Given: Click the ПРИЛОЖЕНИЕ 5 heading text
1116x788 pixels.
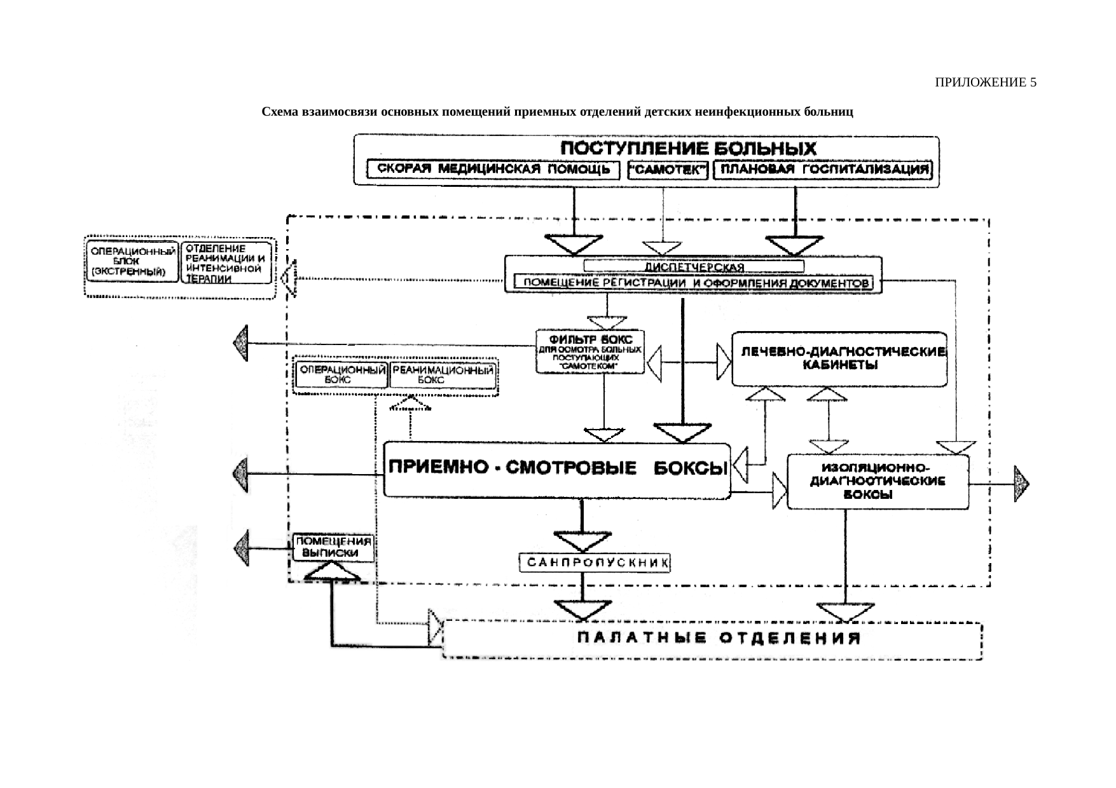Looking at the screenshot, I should (x=985, y=83).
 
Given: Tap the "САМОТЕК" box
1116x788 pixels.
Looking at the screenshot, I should (x=667, y=170).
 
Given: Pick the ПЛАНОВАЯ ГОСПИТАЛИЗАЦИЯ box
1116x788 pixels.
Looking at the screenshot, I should (x=823, y=170).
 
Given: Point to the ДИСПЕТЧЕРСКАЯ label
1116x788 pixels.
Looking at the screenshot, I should (x=694, y=266).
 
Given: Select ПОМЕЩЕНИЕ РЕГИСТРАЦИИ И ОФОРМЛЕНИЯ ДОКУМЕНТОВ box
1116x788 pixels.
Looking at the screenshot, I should (x=693, y=283).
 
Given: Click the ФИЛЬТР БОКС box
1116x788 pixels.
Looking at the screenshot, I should (x=590, y=351).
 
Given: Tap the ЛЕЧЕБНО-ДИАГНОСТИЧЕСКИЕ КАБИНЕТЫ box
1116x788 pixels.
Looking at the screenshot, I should (x=839, y=358).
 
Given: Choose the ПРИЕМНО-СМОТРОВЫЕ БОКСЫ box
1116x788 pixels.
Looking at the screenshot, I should (x=557, y=470).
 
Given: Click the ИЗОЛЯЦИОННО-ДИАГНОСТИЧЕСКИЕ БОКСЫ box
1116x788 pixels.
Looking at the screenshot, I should (x=878, y=481).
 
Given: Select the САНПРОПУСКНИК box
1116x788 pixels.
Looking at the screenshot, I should (x=595, y=562).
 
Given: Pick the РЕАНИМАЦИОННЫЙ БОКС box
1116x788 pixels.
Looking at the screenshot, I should (x=443, y=374).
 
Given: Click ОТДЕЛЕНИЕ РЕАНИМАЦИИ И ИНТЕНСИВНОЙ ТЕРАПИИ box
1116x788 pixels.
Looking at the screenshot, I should (x=226, y=262).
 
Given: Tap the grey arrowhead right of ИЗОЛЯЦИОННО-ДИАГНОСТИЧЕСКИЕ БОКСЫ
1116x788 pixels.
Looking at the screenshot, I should (x=1021, y=484).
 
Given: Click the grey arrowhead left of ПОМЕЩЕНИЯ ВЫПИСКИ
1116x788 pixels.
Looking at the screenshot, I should (x=242, y=548).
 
